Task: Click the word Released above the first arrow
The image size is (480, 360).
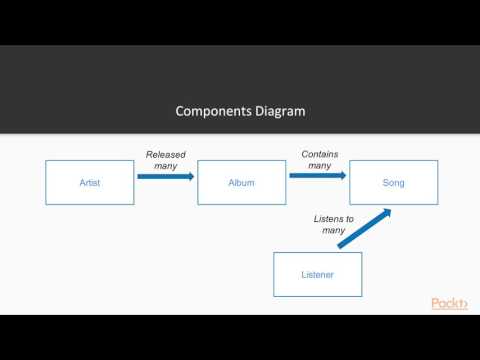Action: [x=166, y=154]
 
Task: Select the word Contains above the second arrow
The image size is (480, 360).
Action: [x=320, y=154]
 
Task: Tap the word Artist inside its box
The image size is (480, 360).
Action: [x=90, y=183]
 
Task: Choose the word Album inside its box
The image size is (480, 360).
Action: [x=241, y=183]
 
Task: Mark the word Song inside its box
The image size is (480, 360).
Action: [x=393, y=183]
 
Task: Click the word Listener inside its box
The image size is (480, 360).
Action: [x=317, y=273]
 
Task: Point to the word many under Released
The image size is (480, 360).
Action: [x=166, y=165]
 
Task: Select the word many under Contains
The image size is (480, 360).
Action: [x=320, y=165]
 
